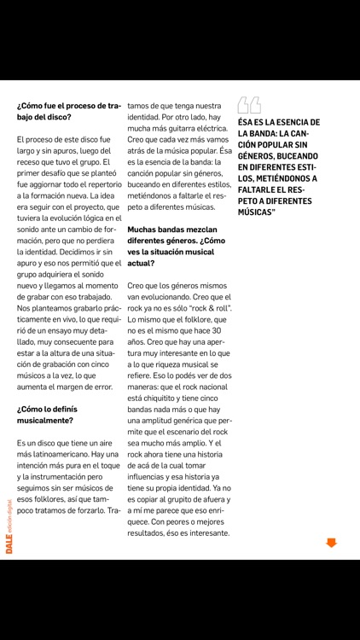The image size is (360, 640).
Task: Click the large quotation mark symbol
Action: [x=249, y=105]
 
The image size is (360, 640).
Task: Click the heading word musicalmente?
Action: [x=45, y=420]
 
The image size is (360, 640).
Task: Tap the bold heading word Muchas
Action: [x=147, y=229]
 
